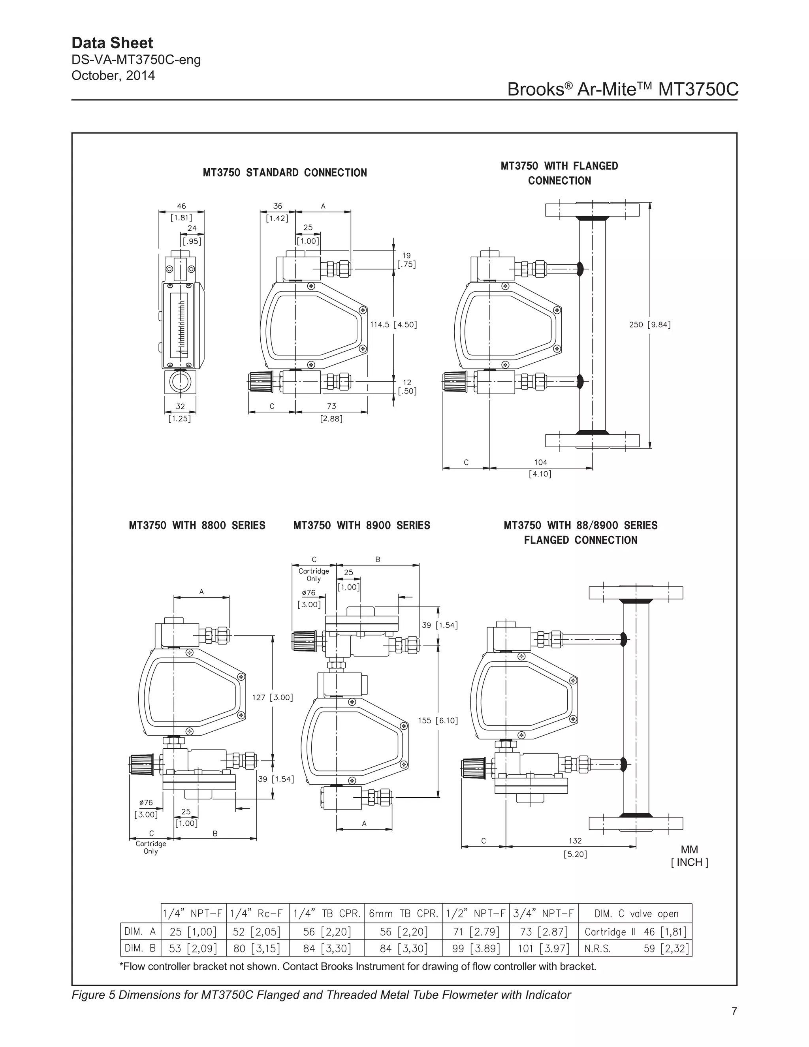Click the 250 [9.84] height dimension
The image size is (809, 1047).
click(649, 324)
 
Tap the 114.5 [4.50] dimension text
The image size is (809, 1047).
click(393, 324)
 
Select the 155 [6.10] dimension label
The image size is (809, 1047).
click(438, 721)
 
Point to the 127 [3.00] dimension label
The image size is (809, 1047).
click(272, 697)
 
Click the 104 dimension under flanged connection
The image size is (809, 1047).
click(540, 462)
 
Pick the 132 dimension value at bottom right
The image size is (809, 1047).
click(575, 840)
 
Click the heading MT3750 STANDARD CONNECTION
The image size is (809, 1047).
click(285, 173)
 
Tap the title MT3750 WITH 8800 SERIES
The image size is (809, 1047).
click(197, 525)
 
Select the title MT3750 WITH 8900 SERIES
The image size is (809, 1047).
click(361, 525)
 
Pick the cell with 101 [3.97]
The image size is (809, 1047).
click(544, 948)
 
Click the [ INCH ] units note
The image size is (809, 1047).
click(689, 862)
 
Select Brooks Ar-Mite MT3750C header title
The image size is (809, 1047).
click(623, 89)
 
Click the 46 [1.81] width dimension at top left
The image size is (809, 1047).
click(181, 211)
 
